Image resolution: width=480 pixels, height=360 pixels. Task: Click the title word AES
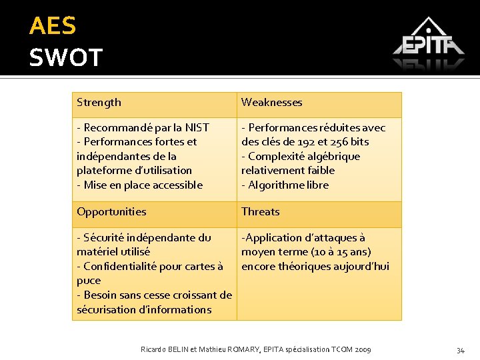pos(53,26)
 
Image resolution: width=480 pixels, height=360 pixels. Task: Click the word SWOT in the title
pos(65,57)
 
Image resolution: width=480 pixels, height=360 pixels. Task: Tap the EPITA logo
pos(428,43)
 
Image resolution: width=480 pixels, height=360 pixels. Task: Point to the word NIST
pos(197,127)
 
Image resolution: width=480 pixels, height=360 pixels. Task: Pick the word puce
pos(89,281)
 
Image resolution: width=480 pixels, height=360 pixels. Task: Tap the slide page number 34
pos(460,350)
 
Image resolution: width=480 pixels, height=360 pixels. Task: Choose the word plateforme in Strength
pos(103,171)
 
